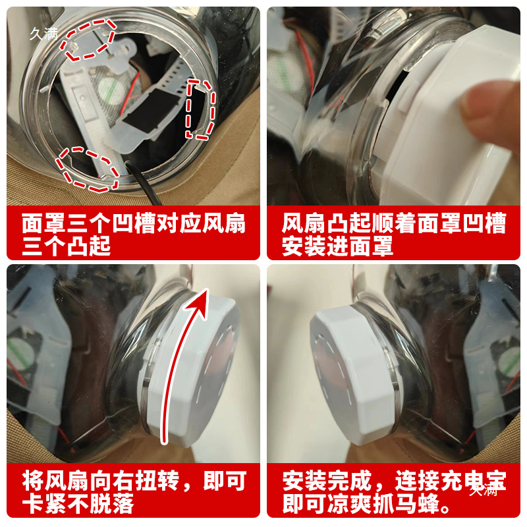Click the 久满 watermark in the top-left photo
click(44, 34)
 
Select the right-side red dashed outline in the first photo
click(201, 109)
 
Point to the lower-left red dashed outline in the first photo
click(87, 168)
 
